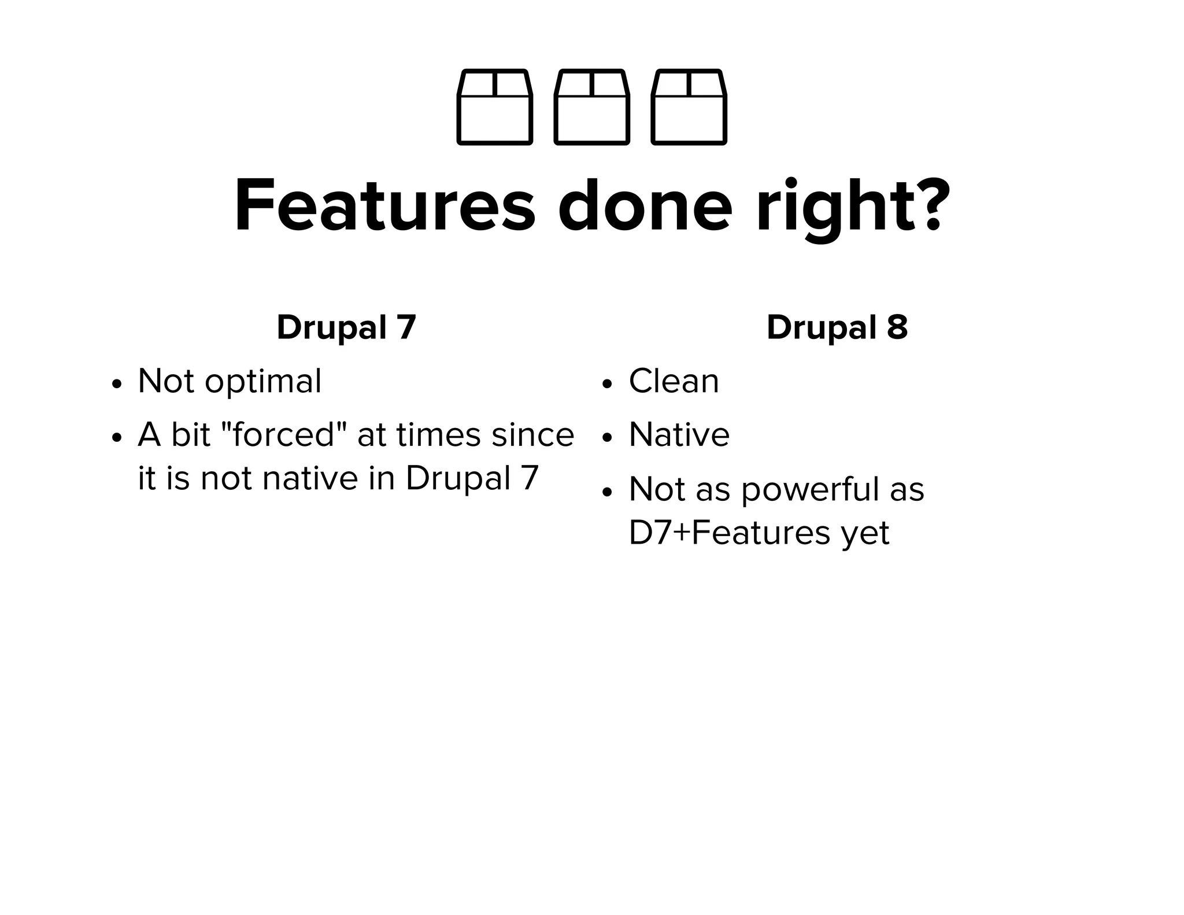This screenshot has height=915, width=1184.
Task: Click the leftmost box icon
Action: [494, 107]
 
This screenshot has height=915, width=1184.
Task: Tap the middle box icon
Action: [591, 107]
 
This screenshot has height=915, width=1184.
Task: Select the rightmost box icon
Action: [689, 107]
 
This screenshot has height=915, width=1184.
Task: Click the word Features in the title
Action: [385, 206]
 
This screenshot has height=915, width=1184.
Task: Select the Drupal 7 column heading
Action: [346, 327]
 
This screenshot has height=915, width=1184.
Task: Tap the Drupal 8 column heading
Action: [837, 327]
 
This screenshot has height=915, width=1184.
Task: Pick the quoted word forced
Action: [284, 434]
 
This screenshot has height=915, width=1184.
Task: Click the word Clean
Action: [674, 382]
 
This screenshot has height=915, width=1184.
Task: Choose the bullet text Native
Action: [679, 435]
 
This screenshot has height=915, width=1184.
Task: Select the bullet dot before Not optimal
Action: [117, 385]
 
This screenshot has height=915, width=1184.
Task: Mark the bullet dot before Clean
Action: [606, 385]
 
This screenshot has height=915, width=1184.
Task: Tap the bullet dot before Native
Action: [606, 438]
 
